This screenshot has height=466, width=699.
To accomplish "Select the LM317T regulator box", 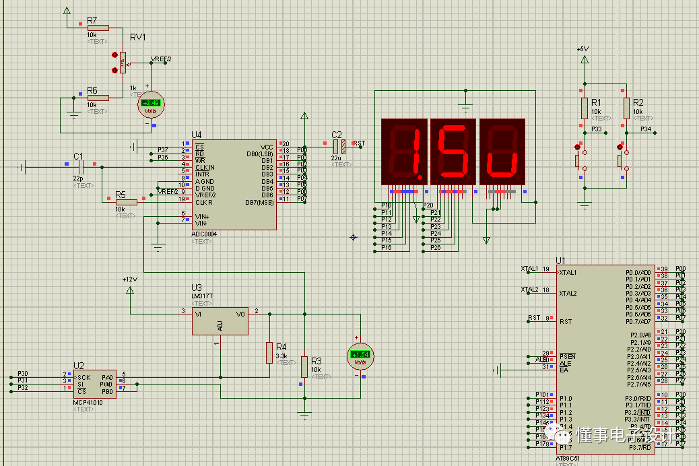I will pyautogui.click(x=220, y=322).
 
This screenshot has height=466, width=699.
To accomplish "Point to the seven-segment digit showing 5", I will pyautogui.click(x=453, y=152).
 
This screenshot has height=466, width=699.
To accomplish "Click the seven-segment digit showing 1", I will pyautogui.click(x=404, y=152).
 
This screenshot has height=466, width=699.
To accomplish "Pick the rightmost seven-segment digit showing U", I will pyautogui.click(x=502, y=152).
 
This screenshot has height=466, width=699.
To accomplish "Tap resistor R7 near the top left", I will pyautogui.click(x=98, y=28).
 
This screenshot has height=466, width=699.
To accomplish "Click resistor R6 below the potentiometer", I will pyautogui.click(x=98, y=97).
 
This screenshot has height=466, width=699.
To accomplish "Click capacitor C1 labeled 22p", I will pyautogui.click(x=79, y=165).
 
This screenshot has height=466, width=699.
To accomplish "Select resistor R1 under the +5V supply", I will pyautogui.click(x=585, y=108).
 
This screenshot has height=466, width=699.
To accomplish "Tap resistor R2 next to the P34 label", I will pyautogui.click(x=626, y=108).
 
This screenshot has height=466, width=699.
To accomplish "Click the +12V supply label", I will pyautogui.click(x=129, y=279).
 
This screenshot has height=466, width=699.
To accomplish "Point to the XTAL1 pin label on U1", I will pyautogui.click(x=530, y=269).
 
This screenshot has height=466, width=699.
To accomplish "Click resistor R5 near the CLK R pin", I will pyautogui.click(x=125, y=201).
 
